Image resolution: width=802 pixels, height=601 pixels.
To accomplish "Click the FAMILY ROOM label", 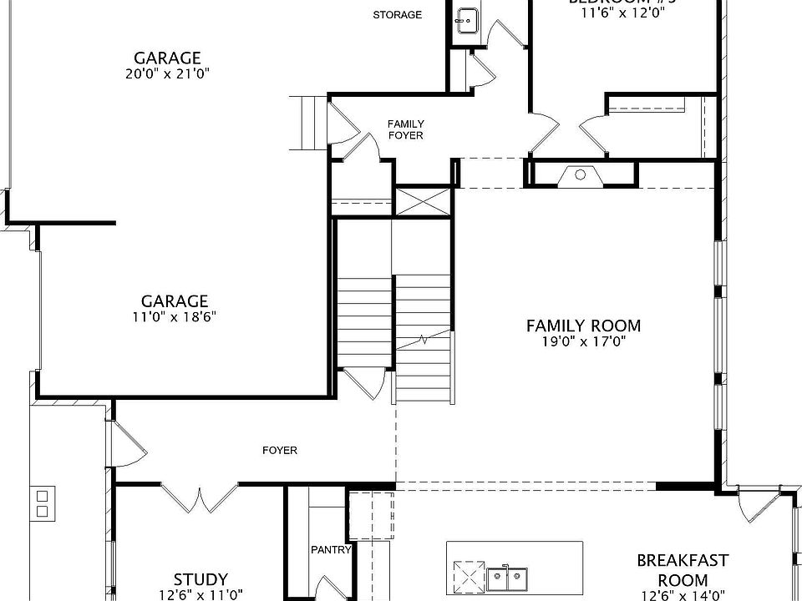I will tap(583, 326).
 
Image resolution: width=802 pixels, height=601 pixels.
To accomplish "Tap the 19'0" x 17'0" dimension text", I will tap(583, 341).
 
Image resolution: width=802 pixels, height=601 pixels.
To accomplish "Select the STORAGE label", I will tap(397, 15).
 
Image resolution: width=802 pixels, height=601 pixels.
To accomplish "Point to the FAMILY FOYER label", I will tap(405, 129).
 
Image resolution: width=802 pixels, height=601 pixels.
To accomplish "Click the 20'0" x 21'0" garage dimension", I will tap(167, 73).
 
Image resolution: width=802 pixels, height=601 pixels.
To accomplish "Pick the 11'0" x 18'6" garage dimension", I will tap(174, 316).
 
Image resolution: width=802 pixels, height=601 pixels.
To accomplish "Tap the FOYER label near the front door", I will tap(279, 450).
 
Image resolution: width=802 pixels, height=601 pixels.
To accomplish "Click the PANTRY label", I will tap(331, 550).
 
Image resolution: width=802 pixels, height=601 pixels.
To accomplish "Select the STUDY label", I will tap(200, 579).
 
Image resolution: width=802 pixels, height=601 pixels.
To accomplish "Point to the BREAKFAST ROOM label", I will tap(683, 570).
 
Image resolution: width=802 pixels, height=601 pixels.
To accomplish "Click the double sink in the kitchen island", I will tap(508, 576).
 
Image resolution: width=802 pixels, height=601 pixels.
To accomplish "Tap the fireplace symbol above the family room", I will tap(580, 174).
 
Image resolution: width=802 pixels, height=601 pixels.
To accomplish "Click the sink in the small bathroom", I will tap(466, 18).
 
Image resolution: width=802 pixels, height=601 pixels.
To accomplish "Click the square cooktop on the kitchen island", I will tap(468, 576).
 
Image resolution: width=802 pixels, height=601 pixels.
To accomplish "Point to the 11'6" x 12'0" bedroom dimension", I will tap(618, 13).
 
